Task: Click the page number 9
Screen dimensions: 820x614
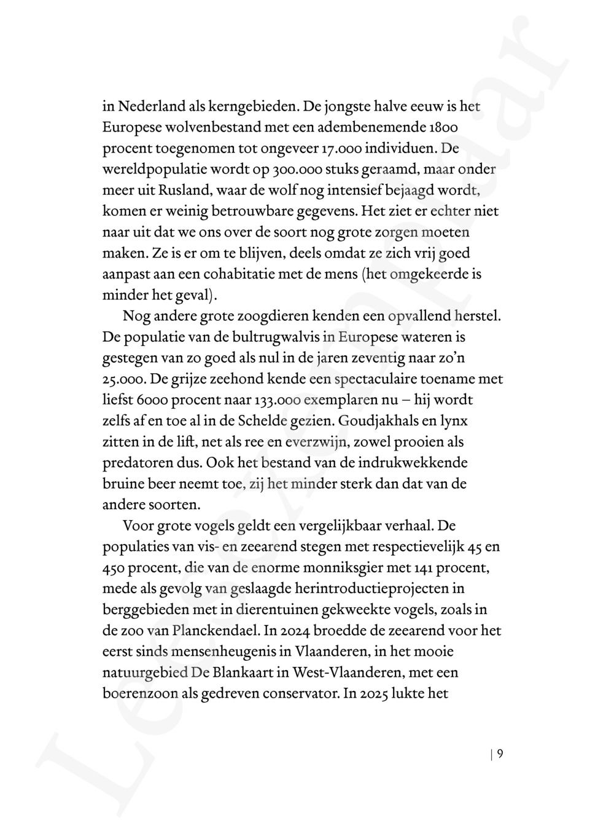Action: (500, 754)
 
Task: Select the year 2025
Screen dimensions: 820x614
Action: (376, 693)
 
